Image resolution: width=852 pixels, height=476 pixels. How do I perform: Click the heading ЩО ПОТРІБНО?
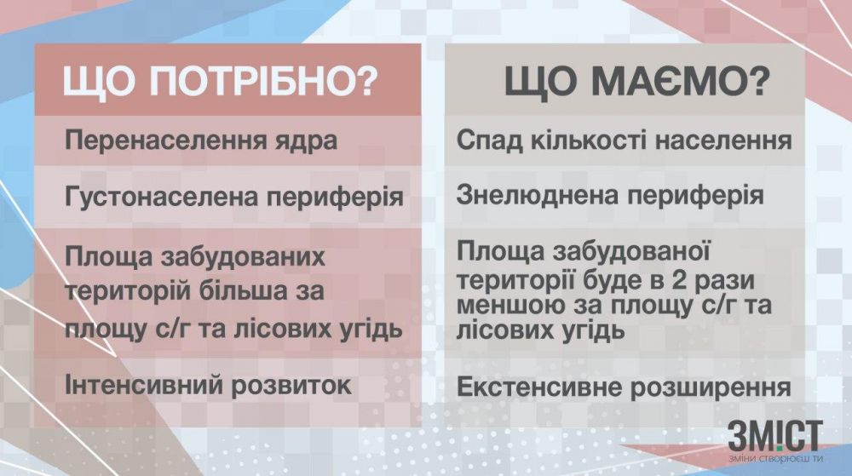[220, 84]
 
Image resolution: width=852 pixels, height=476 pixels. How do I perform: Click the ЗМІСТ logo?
[774, 436]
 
